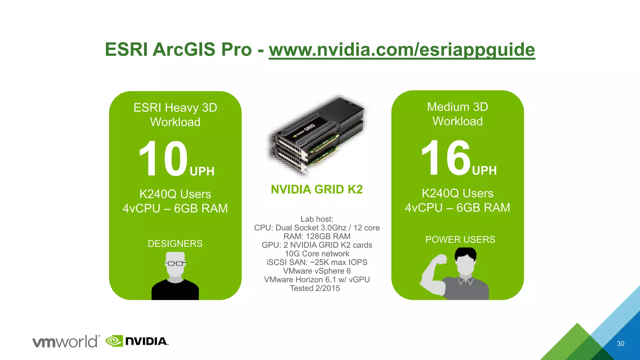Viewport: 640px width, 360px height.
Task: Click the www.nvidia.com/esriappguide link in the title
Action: (x=402, y=50)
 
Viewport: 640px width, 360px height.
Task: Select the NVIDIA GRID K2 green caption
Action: (x=317, y=189)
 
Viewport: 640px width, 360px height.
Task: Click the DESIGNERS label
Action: (x=175, y=243)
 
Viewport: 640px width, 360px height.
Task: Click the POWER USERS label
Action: (x=460, y=240)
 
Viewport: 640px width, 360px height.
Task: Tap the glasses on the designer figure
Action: (x=175, y=263)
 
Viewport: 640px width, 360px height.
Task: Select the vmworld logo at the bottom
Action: (x=66, y=341)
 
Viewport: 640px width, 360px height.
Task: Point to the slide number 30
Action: (x=620, y=344)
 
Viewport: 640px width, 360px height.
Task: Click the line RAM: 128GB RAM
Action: (x=317, y=237)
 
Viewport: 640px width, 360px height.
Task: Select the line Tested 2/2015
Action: (x=315, y=288)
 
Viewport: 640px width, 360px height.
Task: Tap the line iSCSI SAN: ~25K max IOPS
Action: (x=317, y=262)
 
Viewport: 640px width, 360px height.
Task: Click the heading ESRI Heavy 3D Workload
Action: (x=175, y=115)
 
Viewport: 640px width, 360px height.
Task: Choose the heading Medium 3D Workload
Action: (x=457, y=114)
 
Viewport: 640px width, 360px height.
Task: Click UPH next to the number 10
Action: (x=202, y=172)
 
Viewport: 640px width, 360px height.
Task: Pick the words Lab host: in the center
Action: (x=317, y=219)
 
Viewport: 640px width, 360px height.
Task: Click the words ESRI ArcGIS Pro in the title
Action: (x=178, y=50)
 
